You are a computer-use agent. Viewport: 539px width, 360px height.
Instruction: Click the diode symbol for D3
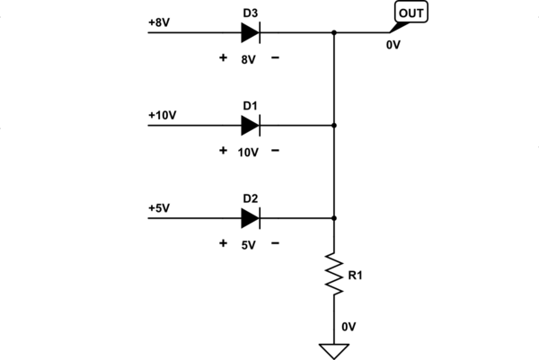click(x=250, y=33)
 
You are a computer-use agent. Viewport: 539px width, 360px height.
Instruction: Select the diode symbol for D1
click(x=250, y=126)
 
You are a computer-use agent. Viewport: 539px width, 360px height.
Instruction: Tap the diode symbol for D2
click(x=250, y=217)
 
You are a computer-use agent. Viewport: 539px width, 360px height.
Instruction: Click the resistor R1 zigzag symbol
click(x=334, y=275)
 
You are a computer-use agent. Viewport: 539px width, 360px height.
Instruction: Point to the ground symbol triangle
click(x=334, y=349)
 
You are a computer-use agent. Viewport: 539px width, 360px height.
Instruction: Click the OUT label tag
click(x=412, y=13)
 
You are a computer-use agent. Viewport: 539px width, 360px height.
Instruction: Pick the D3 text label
click(x=250, y=12)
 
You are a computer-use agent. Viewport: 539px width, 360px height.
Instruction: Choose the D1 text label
click(x=250, y=105)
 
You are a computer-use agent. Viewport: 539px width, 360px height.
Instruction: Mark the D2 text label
click(x=250, y=197)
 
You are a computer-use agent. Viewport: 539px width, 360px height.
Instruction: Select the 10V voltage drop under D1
click(x=249, y=152)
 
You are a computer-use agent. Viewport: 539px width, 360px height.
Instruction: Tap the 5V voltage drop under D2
click(x=249, y=243)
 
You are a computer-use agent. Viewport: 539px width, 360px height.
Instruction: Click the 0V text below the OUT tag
click(x=393, y=42)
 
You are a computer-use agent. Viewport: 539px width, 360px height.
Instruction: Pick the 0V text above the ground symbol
click(x=349, y=328)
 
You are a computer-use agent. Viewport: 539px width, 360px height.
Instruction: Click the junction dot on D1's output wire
click(x=334, y=126)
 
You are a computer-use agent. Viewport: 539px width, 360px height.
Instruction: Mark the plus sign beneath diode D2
click(x=223, y=242)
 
